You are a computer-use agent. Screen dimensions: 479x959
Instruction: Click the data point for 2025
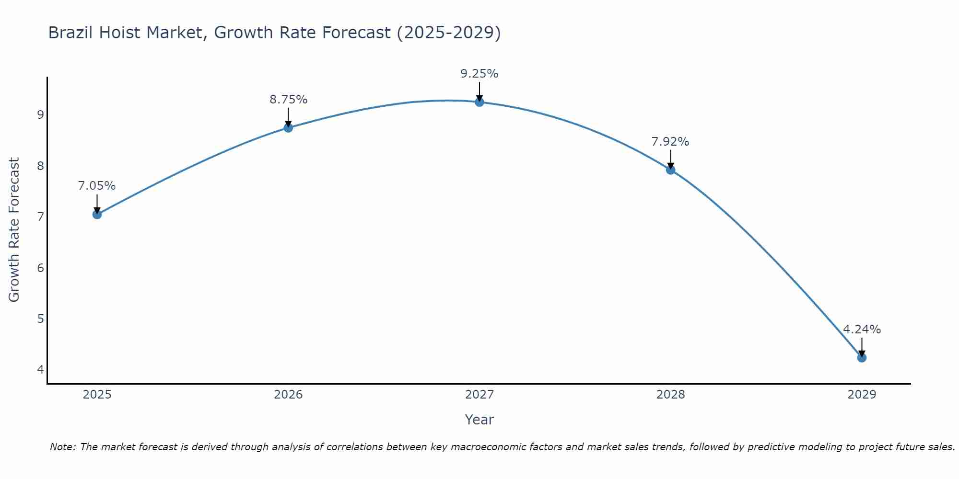click(x=97, y=214)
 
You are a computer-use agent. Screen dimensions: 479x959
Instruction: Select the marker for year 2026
click(x=288, y=127)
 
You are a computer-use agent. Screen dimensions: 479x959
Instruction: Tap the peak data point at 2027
click(x=479, y=102)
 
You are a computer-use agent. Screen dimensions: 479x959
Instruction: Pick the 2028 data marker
click(x=670, y=170)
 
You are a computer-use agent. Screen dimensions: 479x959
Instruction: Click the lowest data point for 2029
click(x=862, y=357)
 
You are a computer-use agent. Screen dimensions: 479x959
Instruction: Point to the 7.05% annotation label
click(x=97, y=186)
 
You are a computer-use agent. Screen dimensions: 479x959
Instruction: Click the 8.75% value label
click(x=288, y=100)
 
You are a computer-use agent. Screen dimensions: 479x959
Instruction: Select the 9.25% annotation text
click(x=479, y=74)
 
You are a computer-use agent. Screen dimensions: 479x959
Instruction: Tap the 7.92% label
click(x=670, y=142)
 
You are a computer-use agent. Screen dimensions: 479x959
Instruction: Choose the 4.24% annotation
click(x=862, y=330)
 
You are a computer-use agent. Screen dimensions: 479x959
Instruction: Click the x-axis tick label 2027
click(x=479, y=395)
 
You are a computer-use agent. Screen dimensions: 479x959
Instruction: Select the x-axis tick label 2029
click(x=862, y=395)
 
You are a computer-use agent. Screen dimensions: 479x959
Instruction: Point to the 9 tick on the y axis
click(x=40, y=115)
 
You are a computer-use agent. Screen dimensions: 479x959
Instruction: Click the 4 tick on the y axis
click(x=40, y=370)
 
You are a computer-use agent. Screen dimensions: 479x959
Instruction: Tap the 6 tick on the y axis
click(x=40, y=268)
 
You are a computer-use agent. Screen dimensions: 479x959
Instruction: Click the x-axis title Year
click(x=479, y=420)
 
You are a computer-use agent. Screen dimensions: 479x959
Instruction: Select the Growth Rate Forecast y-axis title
click(x=14, y=230)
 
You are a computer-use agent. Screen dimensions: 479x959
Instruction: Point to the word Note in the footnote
click(x=62, y=447)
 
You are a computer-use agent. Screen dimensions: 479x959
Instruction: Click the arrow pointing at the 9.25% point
click(x=479, y=91)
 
